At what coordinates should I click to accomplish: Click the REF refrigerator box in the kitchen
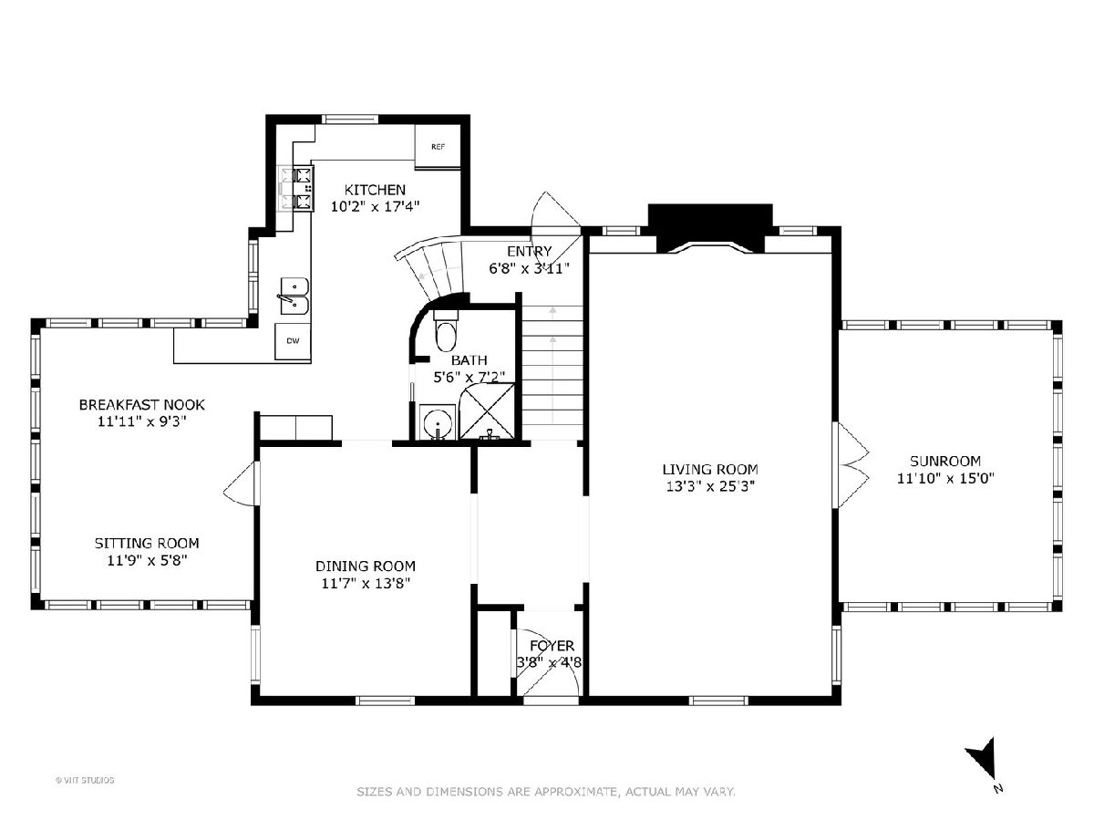tap(438, 147)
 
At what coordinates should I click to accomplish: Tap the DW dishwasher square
tap(293, 341)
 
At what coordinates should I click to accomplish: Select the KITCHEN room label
tap(376, 190)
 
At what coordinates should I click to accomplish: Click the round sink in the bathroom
tap(438, 423)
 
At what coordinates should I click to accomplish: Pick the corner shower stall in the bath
tap(487, 411)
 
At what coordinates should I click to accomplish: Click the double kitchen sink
tap(294, 296)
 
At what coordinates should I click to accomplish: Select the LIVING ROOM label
tap(710, 470)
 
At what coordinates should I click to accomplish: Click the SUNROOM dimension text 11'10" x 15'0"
tap(945, 479)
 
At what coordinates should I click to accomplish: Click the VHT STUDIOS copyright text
tap(85, 780)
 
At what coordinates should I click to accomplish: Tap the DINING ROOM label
tap(366, 566)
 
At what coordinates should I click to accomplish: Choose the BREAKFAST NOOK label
tap(142, 405)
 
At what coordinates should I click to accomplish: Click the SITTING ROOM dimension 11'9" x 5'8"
tap(147, 561)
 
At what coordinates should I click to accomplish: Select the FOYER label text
tap(552, 646)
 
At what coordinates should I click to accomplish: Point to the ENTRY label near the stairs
tap(530, 251)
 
